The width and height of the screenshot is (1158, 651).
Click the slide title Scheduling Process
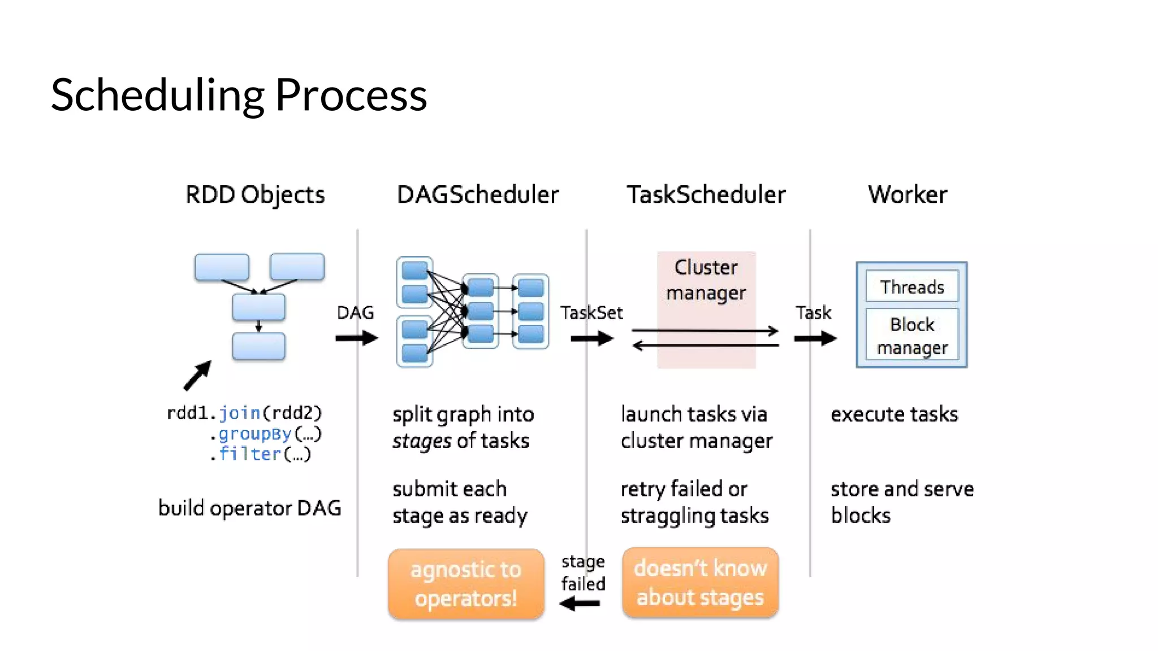click(239, 95)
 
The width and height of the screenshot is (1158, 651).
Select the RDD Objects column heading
click(255, 194)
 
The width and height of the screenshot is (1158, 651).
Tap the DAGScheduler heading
click(478, 194)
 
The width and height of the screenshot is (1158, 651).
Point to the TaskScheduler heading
click(706, 194)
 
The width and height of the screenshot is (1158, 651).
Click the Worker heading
click(908, 194)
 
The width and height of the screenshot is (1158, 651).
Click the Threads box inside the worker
click(912, 287)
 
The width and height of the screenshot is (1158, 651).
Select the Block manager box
click(912, 336)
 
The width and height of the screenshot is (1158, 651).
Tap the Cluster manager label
click(706, 280)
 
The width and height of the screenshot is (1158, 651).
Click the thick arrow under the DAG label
click(356, 338)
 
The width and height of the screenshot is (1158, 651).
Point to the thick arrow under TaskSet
click(591, 338)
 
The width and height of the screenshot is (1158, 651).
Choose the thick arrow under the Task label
click(815, 338)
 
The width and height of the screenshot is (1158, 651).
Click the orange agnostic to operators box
click(466, 584)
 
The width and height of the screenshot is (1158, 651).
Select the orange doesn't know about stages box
click(700, 583)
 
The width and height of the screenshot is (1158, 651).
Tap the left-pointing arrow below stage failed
click(580, 604)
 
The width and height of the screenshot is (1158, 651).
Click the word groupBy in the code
click(255, 434)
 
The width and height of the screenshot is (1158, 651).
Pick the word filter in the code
click(250, 454)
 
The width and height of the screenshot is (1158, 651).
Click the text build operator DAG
click(249, 508)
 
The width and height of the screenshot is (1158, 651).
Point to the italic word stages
click(422, 441)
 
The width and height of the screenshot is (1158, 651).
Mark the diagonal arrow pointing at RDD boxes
click(197, 376)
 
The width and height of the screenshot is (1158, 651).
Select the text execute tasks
click(894, 414)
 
